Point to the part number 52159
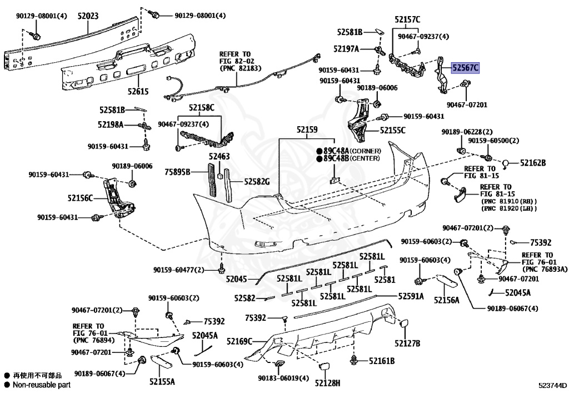coord(306,130)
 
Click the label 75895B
coord(177,173)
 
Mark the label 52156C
coord(81,197)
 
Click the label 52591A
coord(410,297)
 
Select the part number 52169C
coord(239,341)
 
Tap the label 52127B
coord(407,343)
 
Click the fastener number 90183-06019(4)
coord(283,378)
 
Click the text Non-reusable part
coord(42,384)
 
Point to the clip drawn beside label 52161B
coord(354,360)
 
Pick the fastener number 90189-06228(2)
coord(467,132)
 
